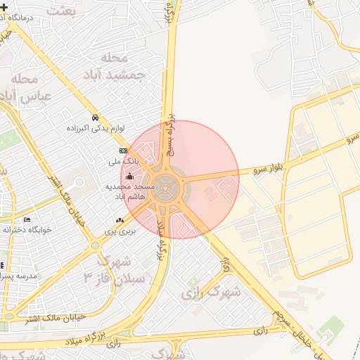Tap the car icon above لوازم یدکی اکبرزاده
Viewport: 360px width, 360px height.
tap(95, 117)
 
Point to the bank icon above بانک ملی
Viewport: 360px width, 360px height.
tap(123, 151)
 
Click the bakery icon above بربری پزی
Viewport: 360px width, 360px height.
tap(119, 220)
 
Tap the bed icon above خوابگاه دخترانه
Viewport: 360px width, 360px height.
tap(27, 219)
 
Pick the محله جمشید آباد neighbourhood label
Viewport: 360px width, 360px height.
tap(123, 65)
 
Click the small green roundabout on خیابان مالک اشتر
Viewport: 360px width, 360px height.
tap(95, 245)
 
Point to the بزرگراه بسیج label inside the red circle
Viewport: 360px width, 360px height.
tap(169, 140)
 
